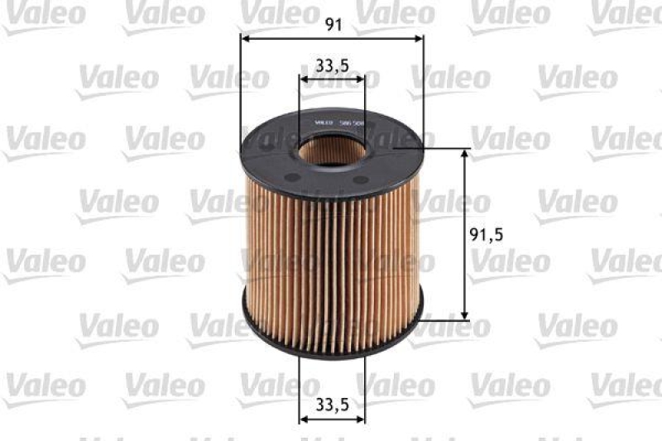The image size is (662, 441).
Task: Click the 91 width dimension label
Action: (x=333, y=25)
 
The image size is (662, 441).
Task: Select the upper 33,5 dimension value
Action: (x=331, y=65)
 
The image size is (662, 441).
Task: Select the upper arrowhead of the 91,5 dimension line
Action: (x=464, y=153)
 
